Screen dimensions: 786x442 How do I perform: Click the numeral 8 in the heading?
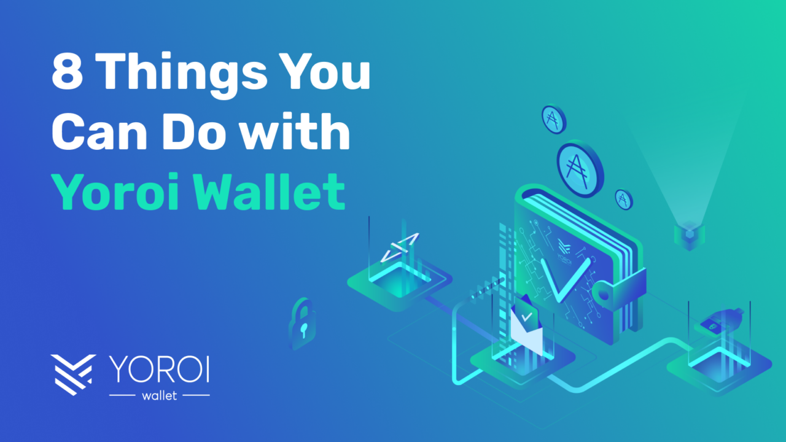[x=68, y=71]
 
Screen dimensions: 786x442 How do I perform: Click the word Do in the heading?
[x=194, y=131]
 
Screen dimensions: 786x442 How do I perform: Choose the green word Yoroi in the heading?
[x=116, y=191]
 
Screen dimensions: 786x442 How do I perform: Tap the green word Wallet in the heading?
[x=270, y=191]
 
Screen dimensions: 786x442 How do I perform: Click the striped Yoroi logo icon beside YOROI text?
[x=73, y=374]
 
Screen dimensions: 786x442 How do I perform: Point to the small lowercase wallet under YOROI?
[x=159, y=396]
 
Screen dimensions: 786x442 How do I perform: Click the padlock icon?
[x=302, y=324]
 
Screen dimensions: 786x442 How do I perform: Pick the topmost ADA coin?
[x=554, y=119]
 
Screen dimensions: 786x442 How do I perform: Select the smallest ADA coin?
[x=624, y=200]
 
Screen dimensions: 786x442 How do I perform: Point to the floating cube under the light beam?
[x=690, y=235]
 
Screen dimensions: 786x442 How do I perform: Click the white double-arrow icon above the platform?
[x=400, y=247]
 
